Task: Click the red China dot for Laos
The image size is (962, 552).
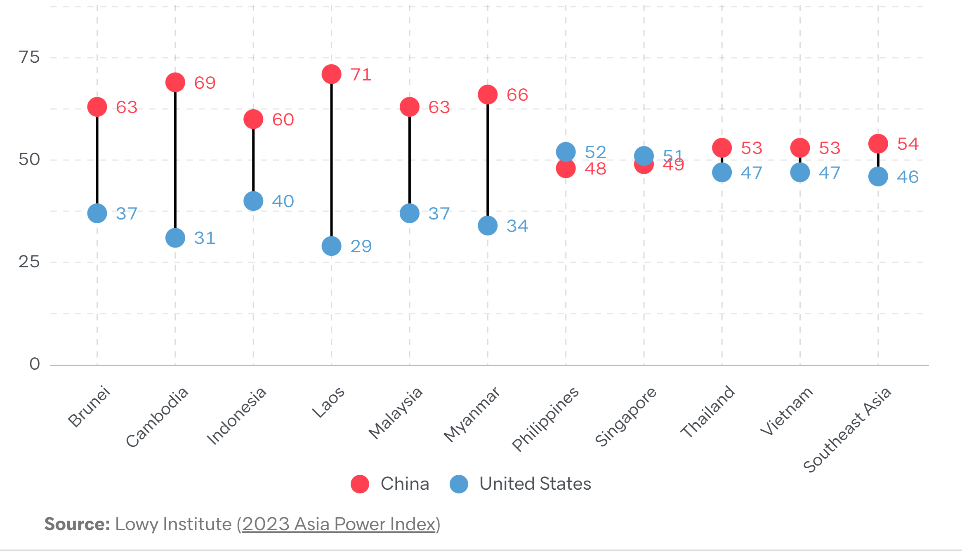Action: pyautogui.click(x=331, y=74)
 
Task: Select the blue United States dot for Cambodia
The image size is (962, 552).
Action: pyautogui.click(x=175, y=238)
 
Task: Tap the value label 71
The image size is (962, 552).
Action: pyautogui.click(x=361, y=75)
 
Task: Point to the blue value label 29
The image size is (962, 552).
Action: pyautogui.click(x=361, y=246)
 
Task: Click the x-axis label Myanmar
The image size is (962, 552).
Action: pyautogui.click(x=472, y=414)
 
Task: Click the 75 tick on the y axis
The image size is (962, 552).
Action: pyautogui.click(x=29, y=57)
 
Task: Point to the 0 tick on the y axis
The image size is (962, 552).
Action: pyautogui.click(x=35, y=364)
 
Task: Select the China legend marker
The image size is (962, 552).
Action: pyautogui.click(x=360, y=484)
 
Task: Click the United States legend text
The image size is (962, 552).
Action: pyautogui.click(x=535, y=484)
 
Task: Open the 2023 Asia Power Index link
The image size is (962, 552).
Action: pyautogui.click(x=339, y=524)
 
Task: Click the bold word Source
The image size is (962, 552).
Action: pyautogui.click(x=77, y=524)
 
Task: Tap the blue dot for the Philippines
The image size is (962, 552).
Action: pyautogui.click(x=566, y=152)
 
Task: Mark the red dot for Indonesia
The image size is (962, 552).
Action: pyautogui.click(x=253, y=119)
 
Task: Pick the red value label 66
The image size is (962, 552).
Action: pyautogui.click(x=517, y=95)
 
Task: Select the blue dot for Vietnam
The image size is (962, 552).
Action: pyautogui.click(x=800, y=172)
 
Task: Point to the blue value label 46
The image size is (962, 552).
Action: pyautogui.click(x=908, y=177)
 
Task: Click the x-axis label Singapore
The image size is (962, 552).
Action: pyautogui.click(x=625, y=417)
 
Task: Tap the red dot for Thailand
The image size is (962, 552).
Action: pyautogui.click(x=722, y=147)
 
